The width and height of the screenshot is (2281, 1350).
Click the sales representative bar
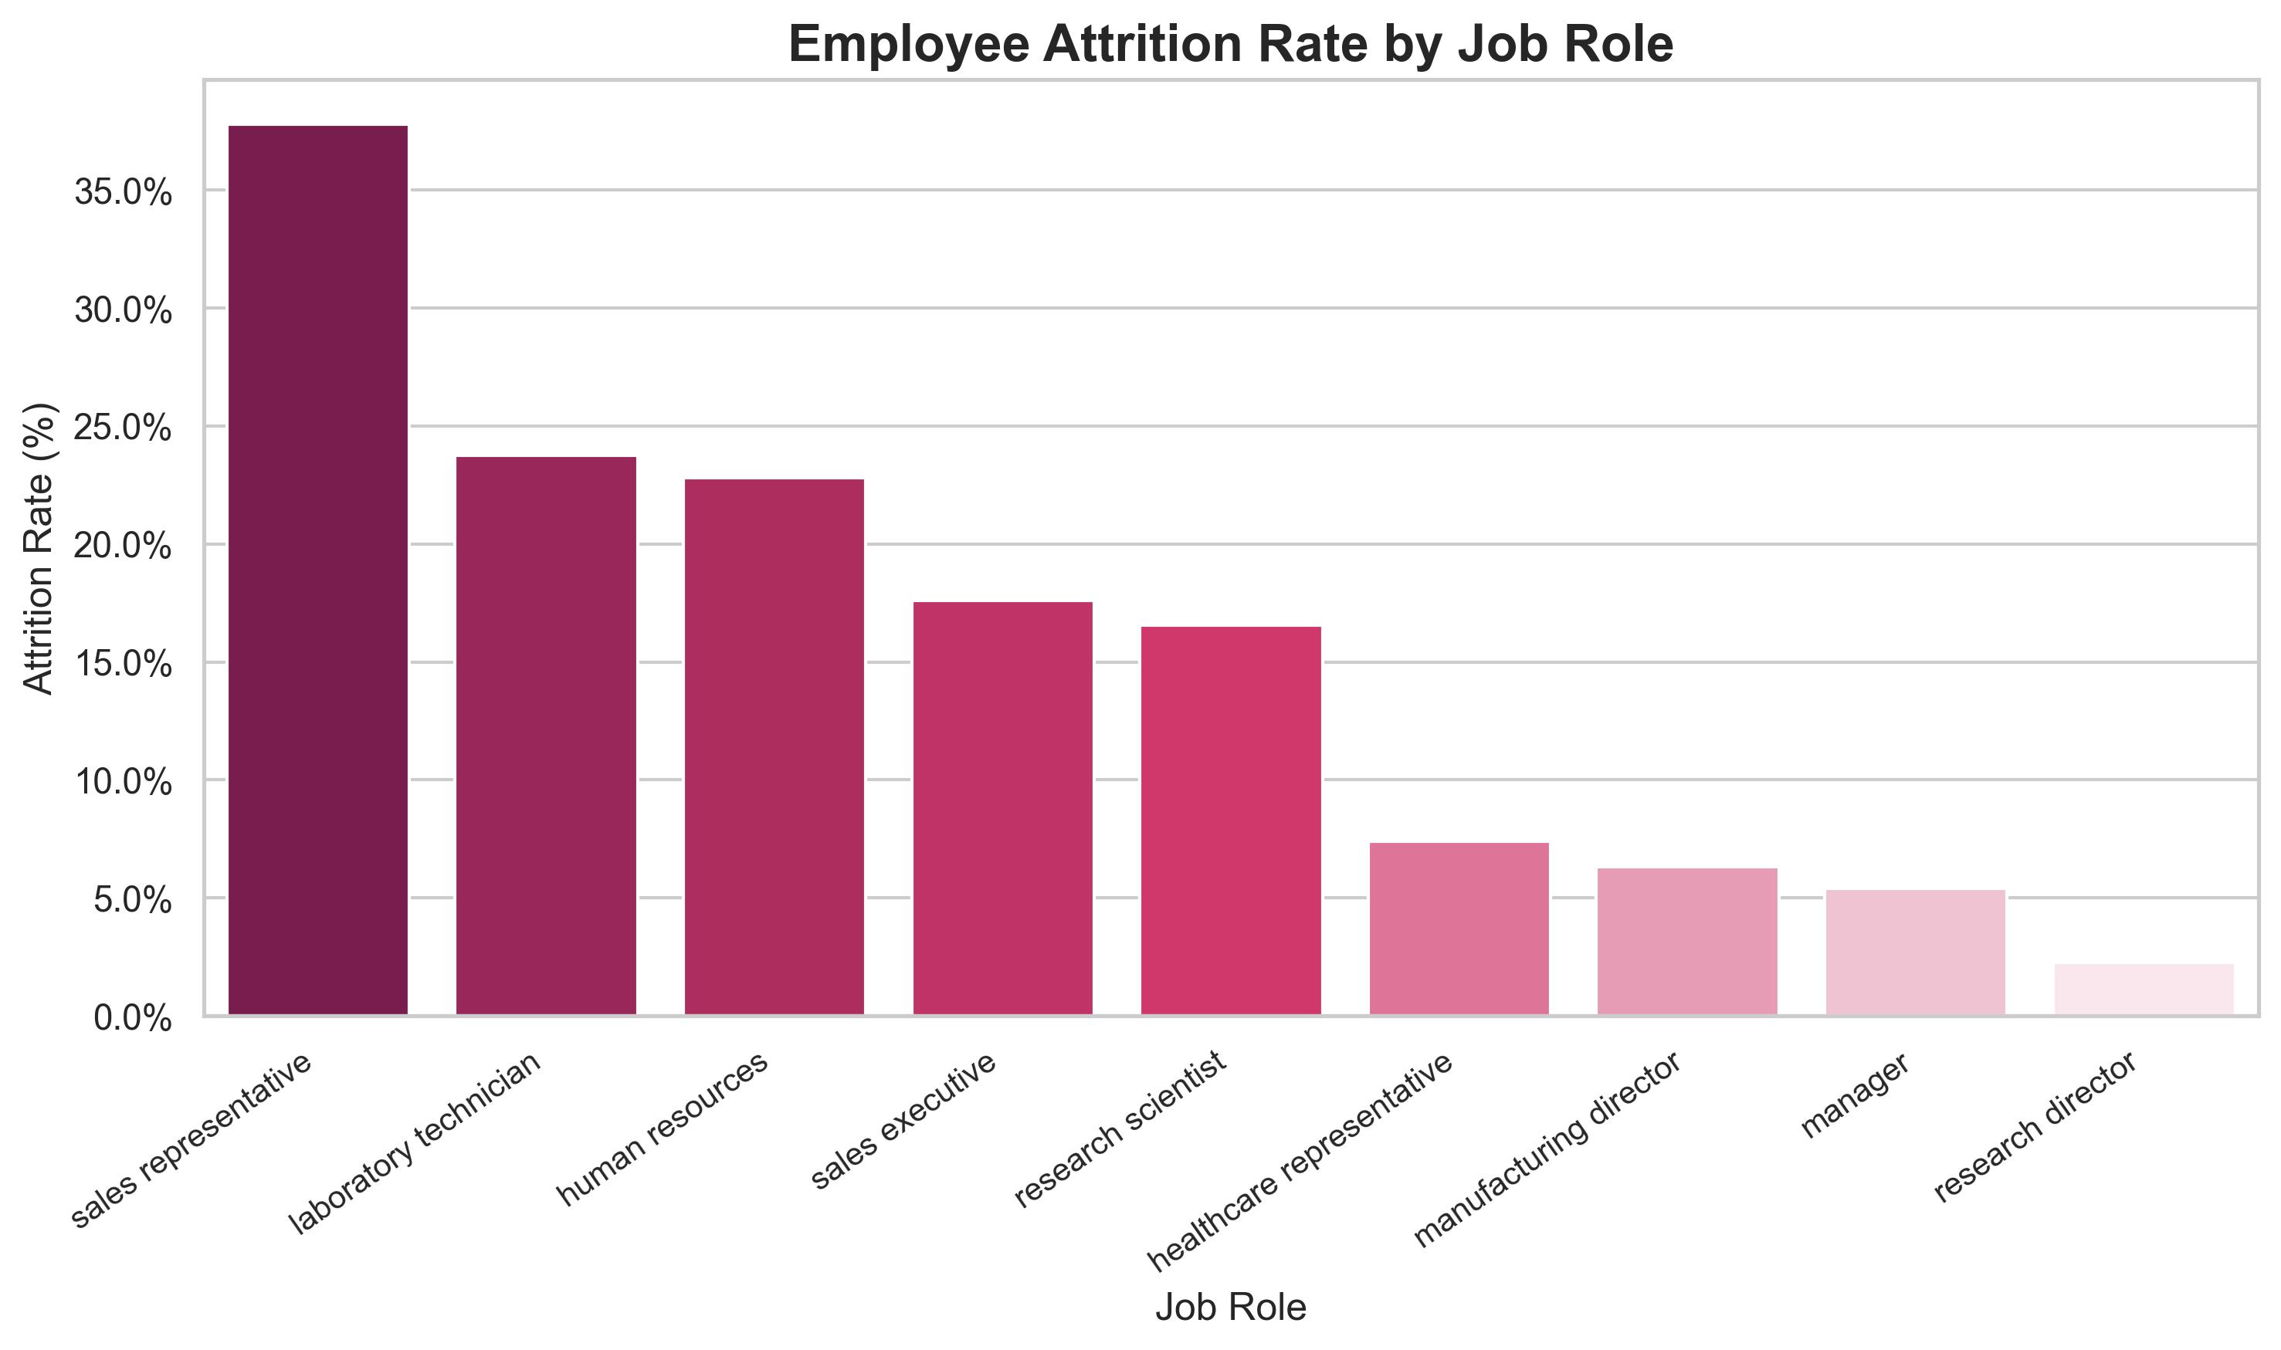tap(317, 570)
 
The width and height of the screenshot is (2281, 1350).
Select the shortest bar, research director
tap(2144, 989)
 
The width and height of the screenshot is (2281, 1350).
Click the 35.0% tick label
tap(123, 193)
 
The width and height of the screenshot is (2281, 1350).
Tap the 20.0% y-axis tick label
tap(123, 546)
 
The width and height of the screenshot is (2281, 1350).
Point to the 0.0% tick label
tap(133, 1019)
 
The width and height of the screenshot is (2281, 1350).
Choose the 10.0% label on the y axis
tap(123, 783)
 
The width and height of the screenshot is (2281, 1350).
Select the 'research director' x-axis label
tap(2035, 1127)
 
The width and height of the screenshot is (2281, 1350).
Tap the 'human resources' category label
tap(663, 1130)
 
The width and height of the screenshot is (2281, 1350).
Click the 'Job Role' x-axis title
tap(1231, 1308)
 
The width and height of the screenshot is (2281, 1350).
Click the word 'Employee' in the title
tap(910, 44)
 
